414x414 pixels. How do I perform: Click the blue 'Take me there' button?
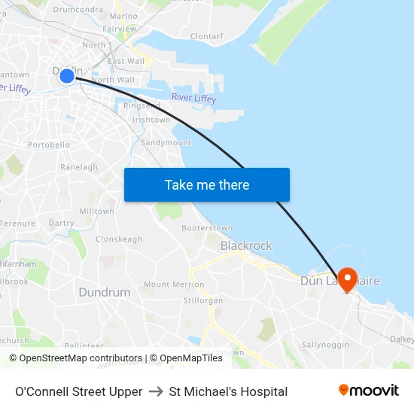[206, 184]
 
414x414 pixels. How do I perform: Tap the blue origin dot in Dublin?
[67, 75]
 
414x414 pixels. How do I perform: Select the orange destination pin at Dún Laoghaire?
[347, 280]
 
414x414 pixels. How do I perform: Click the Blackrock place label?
[246, 245]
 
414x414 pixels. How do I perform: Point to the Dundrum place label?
[104, 292]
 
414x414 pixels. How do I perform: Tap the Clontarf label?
[207, 35]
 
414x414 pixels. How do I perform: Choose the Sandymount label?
[166, 142]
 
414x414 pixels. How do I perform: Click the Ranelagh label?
[79, 167]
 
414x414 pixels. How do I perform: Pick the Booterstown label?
[206, 227]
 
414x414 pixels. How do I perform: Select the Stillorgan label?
[203, 300]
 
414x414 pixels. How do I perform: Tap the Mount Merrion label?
[174, 285]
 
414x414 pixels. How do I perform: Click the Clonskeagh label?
[119, 239]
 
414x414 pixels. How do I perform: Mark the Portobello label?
[49, 145]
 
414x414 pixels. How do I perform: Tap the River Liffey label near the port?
[193, 99]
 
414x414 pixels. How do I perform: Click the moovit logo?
[369, 390]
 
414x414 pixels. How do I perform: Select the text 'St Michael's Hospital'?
[228, 391]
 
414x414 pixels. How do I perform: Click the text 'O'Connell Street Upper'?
[78, 391]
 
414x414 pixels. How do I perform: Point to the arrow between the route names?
[156, 391]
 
